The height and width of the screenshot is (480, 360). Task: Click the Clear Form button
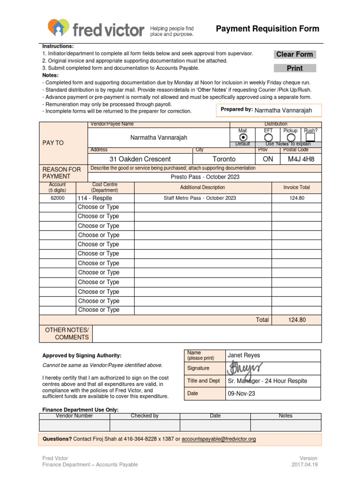point(294,54)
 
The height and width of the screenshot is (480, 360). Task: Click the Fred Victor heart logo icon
point(59,28)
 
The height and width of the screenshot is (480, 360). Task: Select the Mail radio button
point(243,137)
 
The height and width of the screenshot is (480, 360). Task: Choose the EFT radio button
point(268,137)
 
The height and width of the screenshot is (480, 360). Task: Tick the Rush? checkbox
point(310,137)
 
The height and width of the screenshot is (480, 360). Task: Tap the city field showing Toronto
point(224,159)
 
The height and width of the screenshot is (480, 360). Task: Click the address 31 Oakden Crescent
point(140,159)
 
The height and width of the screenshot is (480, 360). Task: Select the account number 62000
point(58,198)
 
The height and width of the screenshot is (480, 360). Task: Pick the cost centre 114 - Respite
point(95,198)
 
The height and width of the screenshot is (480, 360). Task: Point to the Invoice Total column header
point(297,187)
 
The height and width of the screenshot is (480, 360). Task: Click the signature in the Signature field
point(245,368)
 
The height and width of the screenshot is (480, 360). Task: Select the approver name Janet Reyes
point(244,355)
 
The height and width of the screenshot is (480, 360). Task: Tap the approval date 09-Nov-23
point(241,393)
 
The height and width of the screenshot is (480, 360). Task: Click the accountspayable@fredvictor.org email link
point(218,439)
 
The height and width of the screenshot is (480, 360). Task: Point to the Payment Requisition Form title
point(267,29)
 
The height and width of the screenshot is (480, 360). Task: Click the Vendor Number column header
point(74,416)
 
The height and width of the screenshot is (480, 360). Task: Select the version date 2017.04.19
point(304,465)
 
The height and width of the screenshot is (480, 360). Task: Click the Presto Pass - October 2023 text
point(205,177)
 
